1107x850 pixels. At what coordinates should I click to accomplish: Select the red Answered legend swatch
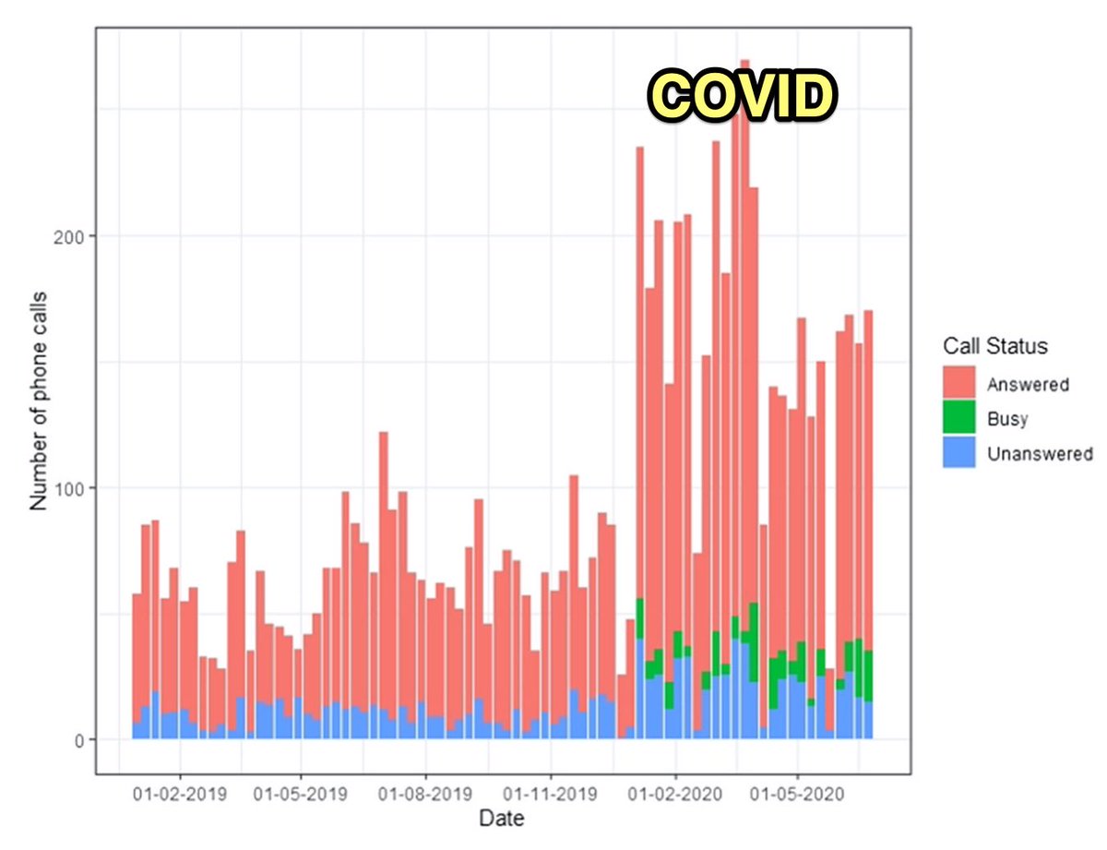coord(958,383)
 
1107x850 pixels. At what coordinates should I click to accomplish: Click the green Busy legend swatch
coord(958,418)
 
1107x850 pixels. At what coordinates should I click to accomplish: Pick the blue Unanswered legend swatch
coord(958,453)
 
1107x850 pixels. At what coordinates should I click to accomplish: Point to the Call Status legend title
coord(995,347)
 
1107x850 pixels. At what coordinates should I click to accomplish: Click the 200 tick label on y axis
coord(74,236)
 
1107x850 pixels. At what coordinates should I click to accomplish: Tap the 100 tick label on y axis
coord(74,488)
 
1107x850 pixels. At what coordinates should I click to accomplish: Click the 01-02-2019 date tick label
coord(179,793)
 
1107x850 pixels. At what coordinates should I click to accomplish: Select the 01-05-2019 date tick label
coord(301,793)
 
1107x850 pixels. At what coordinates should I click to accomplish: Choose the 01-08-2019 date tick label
coord(425,793)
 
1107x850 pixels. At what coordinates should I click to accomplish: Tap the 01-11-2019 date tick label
coord(550,793)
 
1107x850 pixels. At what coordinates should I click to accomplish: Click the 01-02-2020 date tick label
coord(675,793)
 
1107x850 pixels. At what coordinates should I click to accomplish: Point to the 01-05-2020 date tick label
coord(796,793)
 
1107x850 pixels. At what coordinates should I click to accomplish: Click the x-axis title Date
coord(501,818)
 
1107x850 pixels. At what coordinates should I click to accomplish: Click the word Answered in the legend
coord(1027,384)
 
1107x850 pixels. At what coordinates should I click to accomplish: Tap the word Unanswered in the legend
coord(1039,454)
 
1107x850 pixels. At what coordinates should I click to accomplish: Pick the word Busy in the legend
coord(1007,419)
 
